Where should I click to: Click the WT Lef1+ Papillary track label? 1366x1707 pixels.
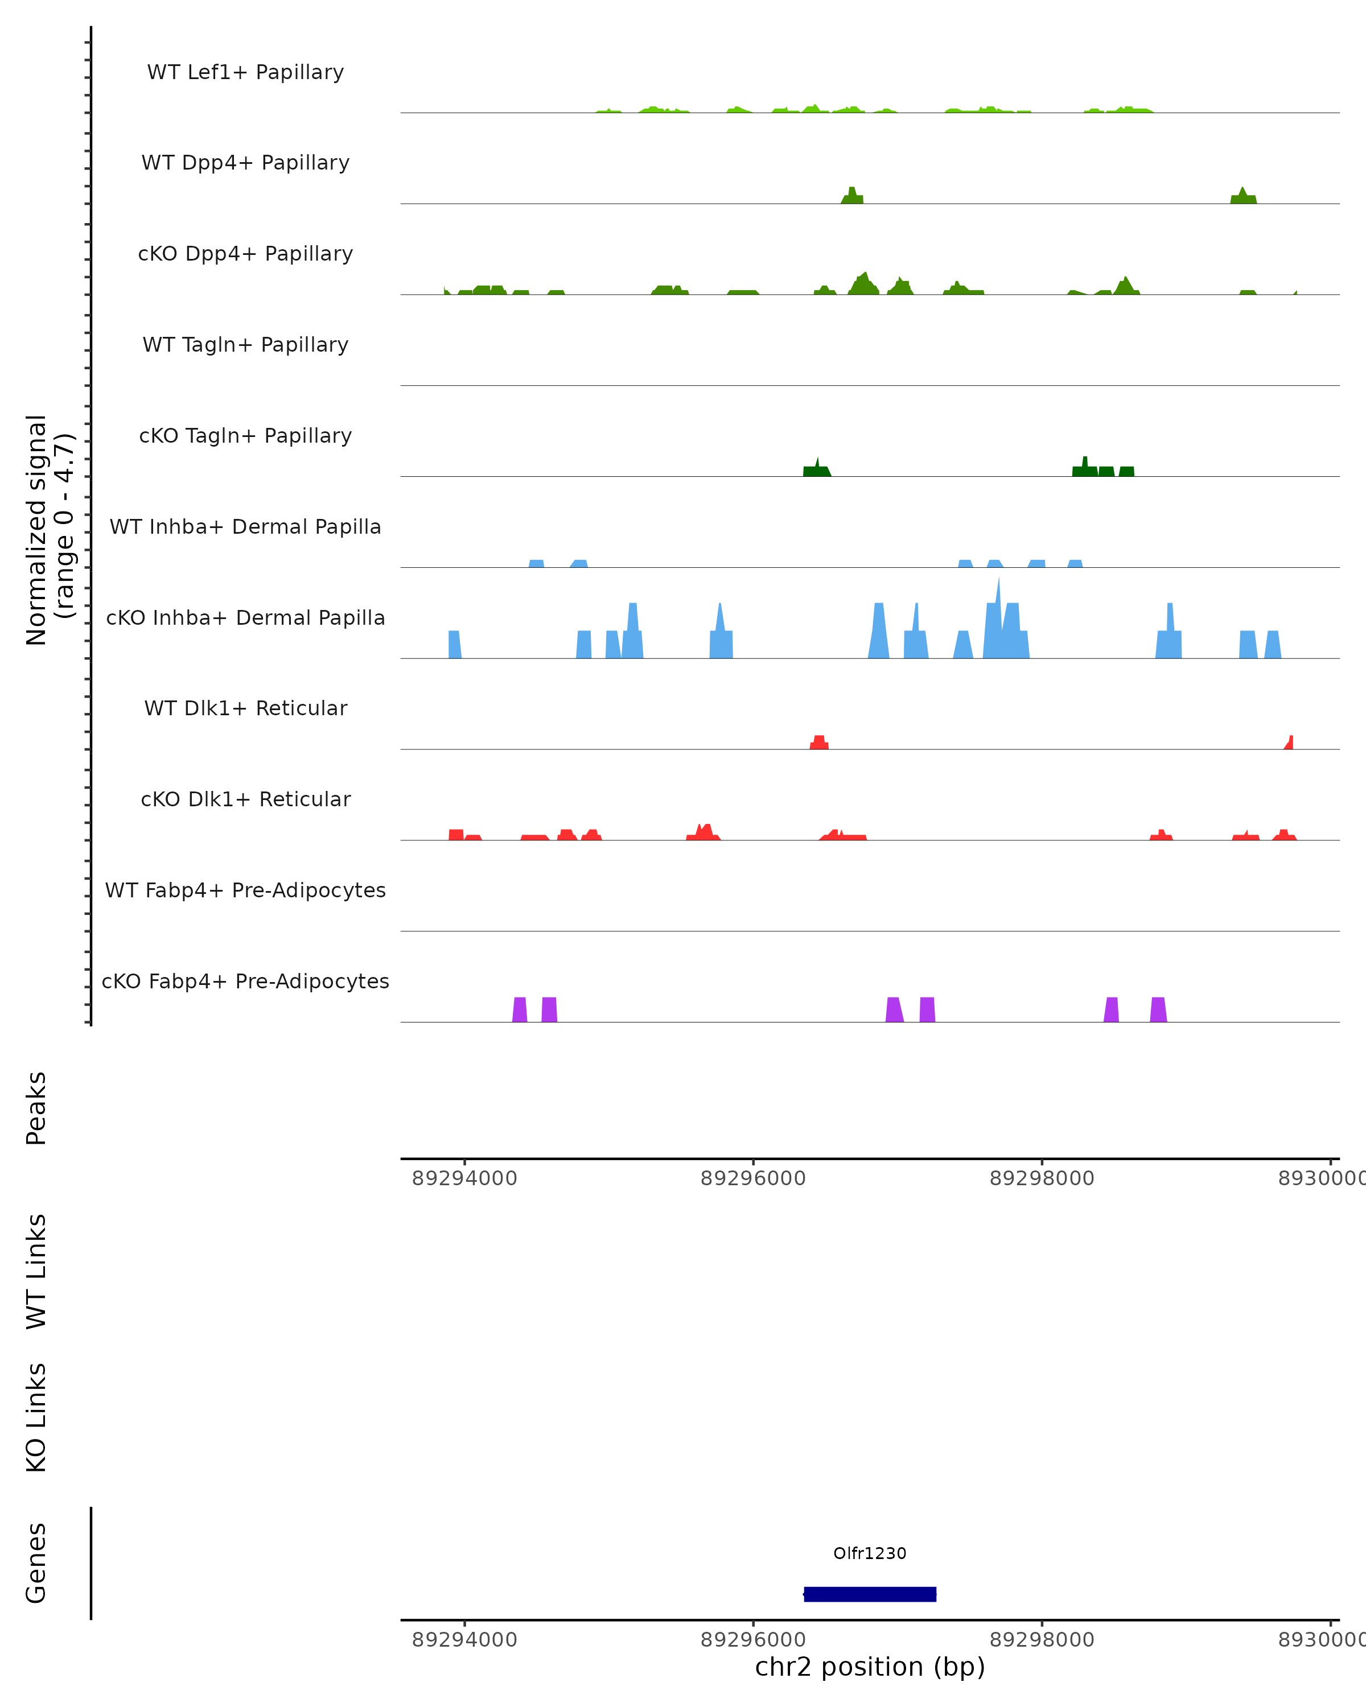coord(245,72)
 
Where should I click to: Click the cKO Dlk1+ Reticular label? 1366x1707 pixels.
coord(245,799)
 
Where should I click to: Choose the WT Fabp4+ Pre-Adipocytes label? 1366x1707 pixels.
coord(245,890)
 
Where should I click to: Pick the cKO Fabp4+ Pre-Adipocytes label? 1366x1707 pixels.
coord(245,981)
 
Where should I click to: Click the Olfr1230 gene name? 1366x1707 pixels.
coord(870,1553)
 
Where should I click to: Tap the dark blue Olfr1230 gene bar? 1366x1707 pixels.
coord(870,1594)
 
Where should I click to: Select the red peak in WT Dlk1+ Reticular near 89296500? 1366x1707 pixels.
coord(819,743)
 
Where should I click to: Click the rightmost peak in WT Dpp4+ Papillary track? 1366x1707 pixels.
coord(1243,196)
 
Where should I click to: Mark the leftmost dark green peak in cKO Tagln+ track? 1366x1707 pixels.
coord(816,469)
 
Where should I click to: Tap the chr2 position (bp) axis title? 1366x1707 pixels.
coord(870,1667)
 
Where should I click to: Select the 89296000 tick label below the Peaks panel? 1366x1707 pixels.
coord(752,1179)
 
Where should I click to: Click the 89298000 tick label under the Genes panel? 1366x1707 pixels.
coord(1042,1640)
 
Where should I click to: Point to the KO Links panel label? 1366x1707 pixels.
coord(36,1418)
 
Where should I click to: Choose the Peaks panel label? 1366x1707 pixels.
coord(36,1108)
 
